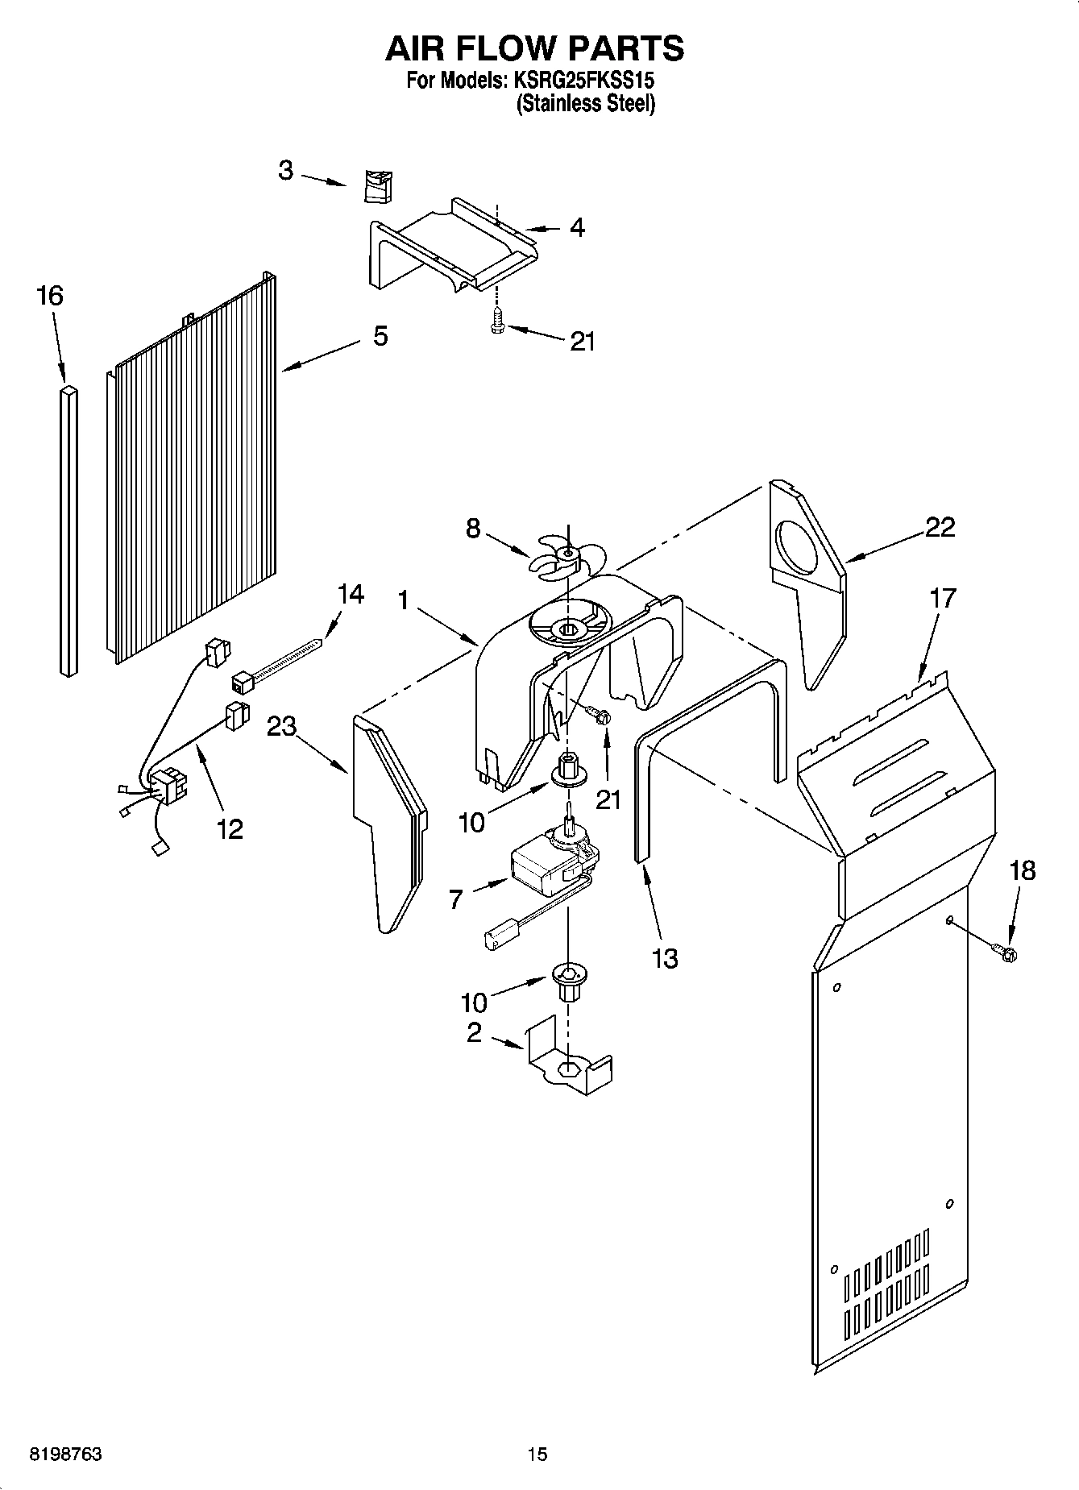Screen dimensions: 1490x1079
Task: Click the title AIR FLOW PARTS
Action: coord(534,48)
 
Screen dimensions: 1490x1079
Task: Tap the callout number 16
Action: coord(49,296)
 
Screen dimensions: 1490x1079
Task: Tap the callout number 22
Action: coord(940,527)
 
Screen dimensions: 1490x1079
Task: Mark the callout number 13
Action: coord(665,958)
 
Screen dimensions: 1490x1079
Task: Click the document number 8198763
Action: coord(65,1455)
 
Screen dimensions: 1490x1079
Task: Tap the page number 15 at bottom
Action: coord(537,1455)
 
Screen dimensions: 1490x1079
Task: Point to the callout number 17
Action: coord(942,598)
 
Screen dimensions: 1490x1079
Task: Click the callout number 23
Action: coord(282,727)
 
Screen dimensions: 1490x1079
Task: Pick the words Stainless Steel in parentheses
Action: coord(585,104)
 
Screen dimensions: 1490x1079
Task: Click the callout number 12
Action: coord(230,828)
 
